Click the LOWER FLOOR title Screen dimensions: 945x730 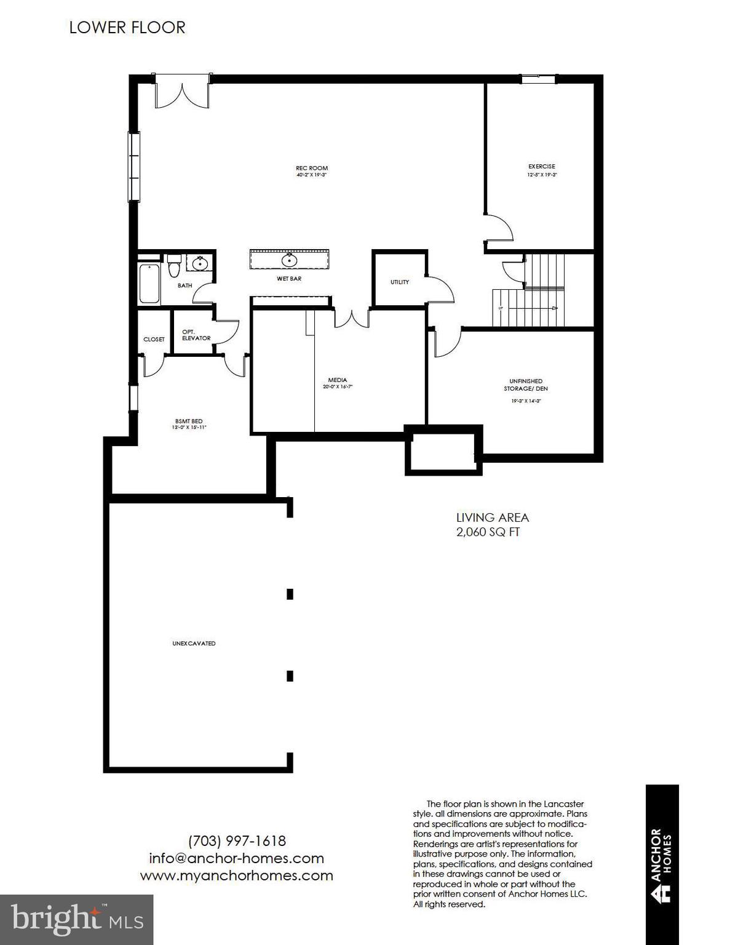pos(127,28)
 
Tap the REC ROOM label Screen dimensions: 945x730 pos(312,168)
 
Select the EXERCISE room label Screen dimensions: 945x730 pos(541,166)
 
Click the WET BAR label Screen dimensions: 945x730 pos(288,279)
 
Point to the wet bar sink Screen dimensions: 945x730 pos(289,260)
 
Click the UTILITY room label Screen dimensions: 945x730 pos(399,282)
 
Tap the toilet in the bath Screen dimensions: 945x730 pos(173,266)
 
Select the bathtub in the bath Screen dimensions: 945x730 pos(149,283)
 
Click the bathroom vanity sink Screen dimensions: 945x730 pos(200,264)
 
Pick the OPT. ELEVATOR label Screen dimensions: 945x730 pos(196,335)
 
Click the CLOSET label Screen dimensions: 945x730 pos(154,339)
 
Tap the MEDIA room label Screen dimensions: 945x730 pos(337,380)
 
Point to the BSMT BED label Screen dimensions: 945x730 pos(189,421)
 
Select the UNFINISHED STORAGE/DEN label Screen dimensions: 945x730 pos(525,385)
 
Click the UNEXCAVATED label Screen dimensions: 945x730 pos(194,644)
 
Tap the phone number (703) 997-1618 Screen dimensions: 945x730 pos(237,840)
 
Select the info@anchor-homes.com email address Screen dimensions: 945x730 pos(236,858)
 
